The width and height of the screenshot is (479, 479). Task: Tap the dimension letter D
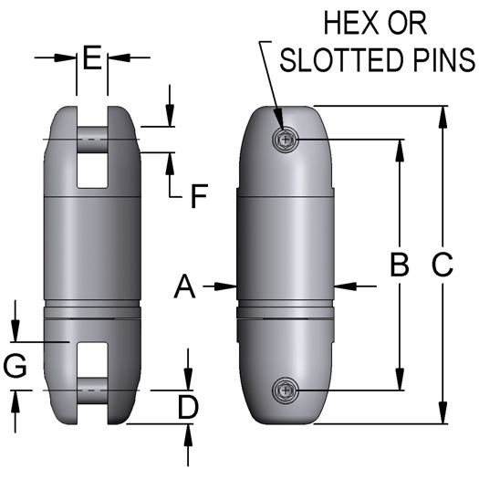click(x=187, y=408)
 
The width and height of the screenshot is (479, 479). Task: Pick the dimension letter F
click(x=197, y=194)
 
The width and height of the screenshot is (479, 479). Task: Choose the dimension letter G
click(x=16, y=367)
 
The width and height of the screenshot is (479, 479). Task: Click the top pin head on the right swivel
click(x=286, y=140)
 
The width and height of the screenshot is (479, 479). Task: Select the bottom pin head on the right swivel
click(x=286, y=391)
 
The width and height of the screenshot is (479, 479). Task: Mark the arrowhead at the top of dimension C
click(x=443, y=114)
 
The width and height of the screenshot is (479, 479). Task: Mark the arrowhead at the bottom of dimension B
click(x=399, y=383)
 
